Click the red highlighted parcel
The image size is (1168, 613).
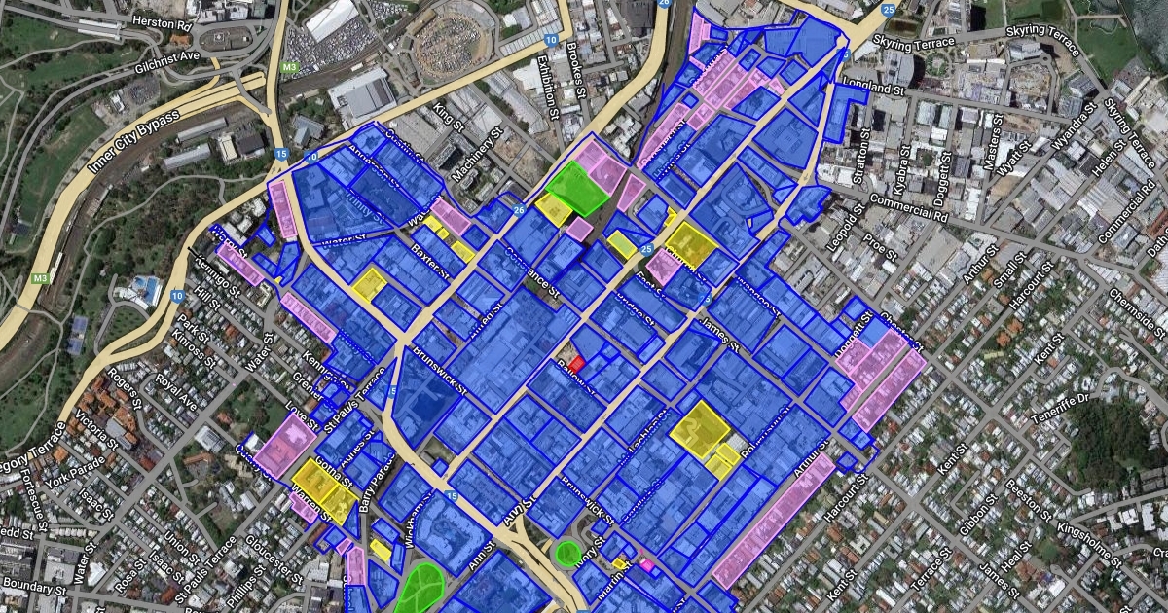tap(577, 362)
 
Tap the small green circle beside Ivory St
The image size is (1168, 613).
tap(567, 553)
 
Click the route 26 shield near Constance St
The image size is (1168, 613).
tap(518, 208)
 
